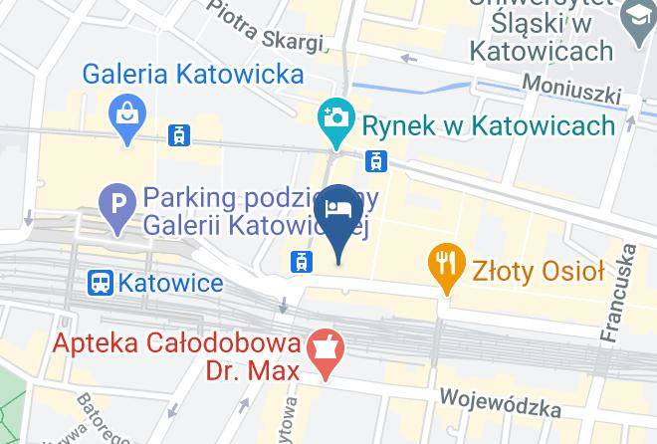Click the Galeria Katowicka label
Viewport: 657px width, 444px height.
[193, 74]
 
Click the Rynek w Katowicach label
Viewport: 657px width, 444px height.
[488, 124]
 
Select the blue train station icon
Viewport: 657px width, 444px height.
[101, 283]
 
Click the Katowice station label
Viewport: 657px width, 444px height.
[170, 283]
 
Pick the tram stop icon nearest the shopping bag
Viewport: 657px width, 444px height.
[179, 134]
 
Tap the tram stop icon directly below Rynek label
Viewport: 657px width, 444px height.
[375, 159]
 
